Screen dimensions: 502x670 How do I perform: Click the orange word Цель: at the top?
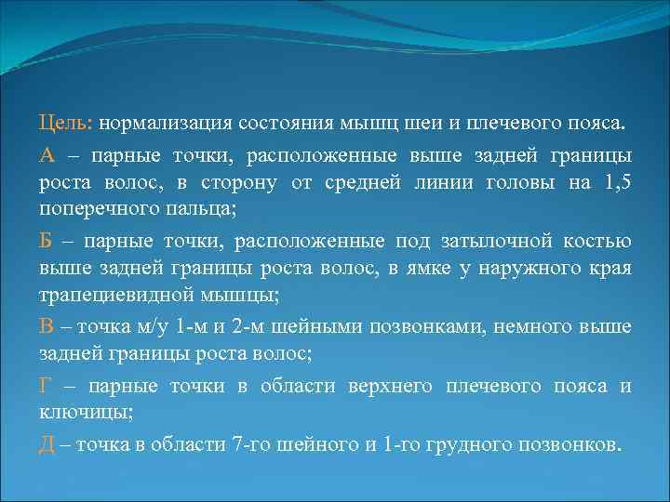pos(66,124)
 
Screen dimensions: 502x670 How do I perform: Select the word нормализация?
pos(168,124)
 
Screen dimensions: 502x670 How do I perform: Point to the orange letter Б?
pos(46,242)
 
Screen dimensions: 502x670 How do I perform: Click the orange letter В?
pos(46,327)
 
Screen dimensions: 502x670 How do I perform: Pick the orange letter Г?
pos(46,386)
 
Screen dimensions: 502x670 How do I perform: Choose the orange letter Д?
pos(47,444)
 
